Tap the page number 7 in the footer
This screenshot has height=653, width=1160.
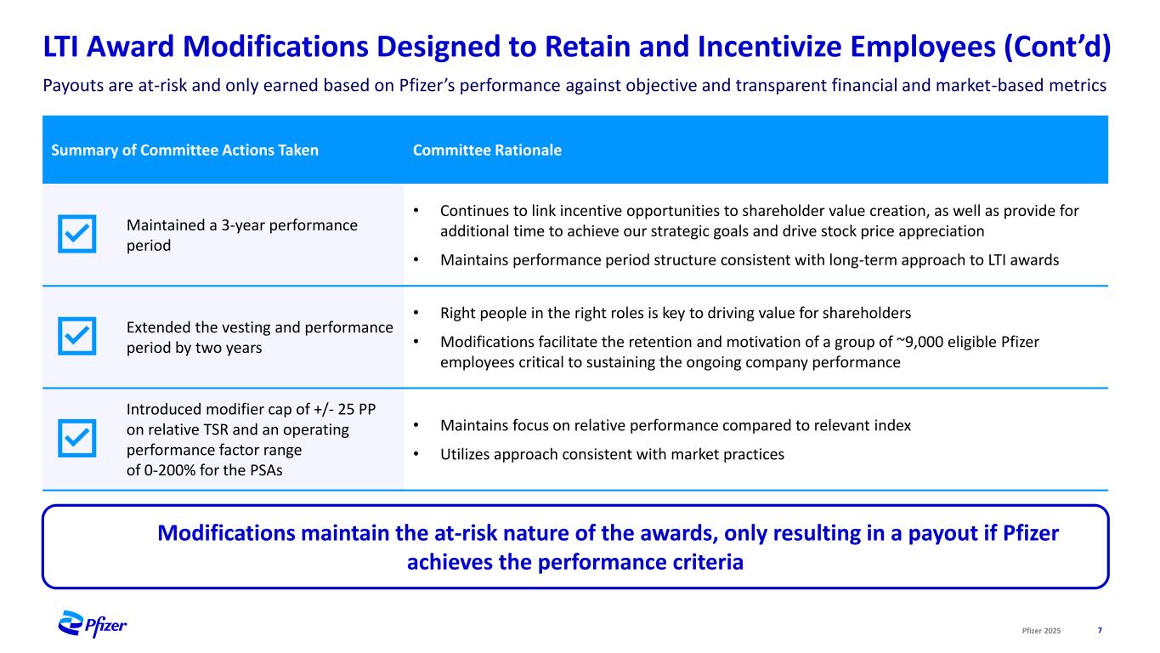click(x=1100, y=630)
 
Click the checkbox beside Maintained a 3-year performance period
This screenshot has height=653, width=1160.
click(x=77, y=234)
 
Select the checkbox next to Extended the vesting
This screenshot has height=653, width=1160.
click(x=77, y=337)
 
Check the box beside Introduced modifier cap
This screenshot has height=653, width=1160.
click(x=77, y=439)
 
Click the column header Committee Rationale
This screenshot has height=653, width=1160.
click(x=487, y=150)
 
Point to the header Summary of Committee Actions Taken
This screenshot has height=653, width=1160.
click(x=185, y=150)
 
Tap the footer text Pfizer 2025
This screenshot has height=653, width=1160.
click(x=1041, y=630)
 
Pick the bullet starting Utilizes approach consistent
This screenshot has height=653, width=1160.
click(x=612, y=455)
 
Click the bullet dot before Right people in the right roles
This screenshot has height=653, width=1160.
click(x=416, y=312)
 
